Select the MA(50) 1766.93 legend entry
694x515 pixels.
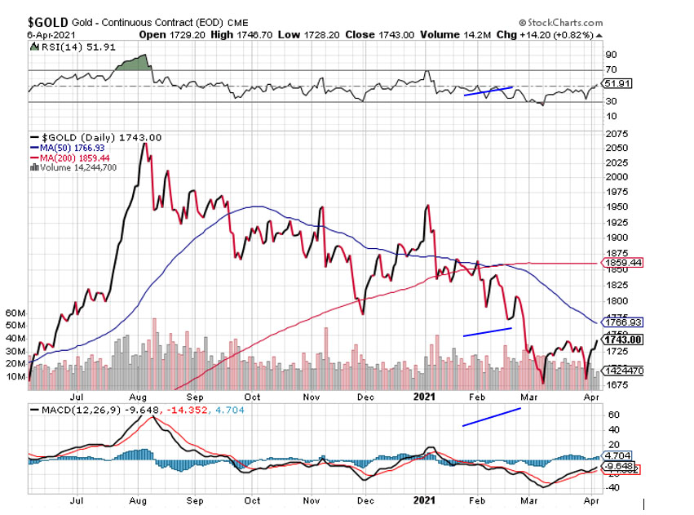point(69,147)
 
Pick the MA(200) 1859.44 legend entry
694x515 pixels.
point(71,157)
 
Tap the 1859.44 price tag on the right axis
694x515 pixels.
point(622,263)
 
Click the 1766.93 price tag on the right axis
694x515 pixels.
point(622,322)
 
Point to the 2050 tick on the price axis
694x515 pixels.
point(615,148)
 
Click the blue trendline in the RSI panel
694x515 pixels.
point(488,91)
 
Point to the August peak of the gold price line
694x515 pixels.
point(144,144)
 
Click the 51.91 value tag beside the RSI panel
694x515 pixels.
point(615,84)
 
